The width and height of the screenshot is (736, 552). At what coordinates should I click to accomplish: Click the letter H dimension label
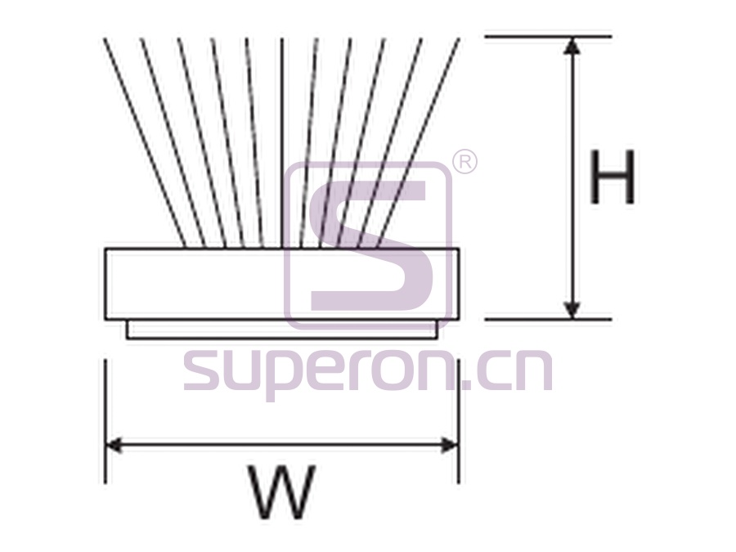[x=613, y=177]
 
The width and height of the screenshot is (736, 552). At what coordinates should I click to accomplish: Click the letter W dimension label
[x=281, y=492]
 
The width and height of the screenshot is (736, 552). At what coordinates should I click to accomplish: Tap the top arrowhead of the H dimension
[x=572, y=46]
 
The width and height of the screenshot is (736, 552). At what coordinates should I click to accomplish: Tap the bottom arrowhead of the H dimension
[x=572, y=309]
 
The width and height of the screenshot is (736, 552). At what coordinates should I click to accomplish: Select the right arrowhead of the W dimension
[x=449, y=446]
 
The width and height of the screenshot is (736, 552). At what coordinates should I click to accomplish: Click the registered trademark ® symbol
[x=464, y=163]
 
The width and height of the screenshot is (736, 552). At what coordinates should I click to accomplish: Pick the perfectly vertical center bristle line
[x=281, y=142]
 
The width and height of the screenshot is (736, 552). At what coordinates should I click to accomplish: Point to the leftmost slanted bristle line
[x=145, y=142]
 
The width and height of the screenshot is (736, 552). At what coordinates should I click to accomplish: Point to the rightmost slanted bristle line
[x=418, y=142]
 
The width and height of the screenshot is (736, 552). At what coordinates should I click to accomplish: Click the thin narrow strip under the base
[x=282, y=329]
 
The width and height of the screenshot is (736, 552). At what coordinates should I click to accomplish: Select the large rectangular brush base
[x=281, y=284]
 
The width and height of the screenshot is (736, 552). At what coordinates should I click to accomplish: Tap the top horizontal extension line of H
[x=548, y=36]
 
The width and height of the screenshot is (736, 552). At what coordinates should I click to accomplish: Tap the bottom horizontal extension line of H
[x=548, y=319]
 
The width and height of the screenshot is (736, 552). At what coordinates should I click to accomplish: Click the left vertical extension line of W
[x=105, y=421]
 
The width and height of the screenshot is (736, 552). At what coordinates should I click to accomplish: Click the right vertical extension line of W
[x=459, y=421]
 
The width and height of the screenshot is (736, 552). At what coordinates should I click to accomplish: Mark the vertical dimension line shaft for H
[x=572, y=177]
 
